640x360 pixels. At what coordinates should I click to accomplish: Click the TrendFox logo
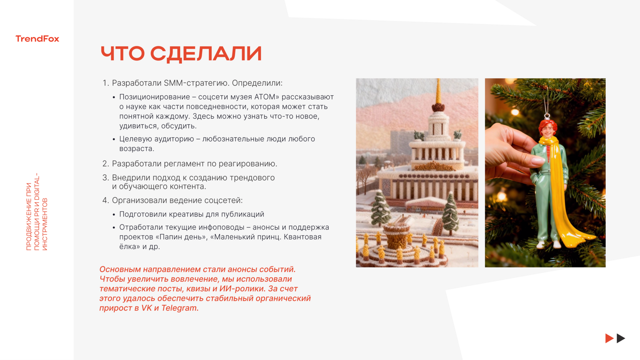coord(37,38)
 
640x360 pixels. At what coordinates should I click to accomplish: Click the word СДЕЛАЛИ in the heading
coord(206,54)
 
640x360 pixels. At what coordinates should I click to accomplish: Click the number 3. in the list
coord(106,178)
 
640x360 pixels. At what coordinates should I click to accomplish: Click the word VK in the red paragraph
coord(147,308)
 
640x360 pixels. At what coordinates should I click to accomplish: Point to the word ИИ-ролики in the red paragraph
coord(242,289)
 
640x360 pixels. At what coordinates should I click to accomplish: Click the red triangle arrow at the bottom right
coord(609,338)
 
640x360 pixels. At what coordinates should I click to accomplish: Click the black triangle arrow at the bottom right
coord(621,338)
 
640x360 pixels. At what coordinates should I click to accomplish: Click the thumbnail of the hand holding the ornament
coord(545,173)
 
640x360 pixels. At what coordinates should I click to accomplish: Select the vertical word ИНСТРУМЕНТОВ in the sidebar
coord(45,224)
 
